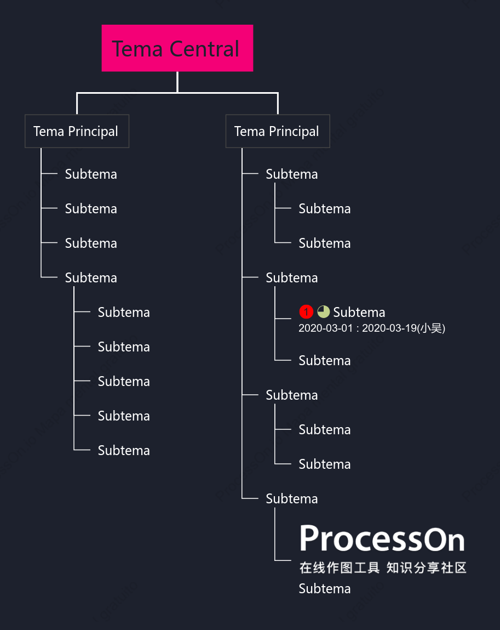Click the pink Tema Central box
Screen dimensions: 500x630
pos(177,48)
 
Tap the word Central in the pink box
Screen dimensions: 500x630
pos(204,49)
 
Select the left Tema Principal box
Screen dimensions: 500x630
pos(77,131)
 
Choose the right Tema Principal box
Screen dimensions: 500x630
pos(278,131)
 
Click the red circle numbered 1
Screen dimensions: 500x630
pos(306,312)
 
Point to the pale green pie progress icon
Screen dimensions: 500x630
pos(324,312)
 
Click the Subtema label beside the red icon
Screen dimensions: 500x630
pos(359,312)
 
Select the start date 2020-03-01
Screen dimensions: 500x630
pos(325,328)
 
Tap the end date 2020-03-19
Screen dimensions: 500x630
pos(389,328)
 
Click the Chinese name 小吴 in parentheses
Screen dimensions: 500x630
pos(431,328)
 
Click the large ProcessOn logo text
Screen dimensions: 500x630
pos(382,538)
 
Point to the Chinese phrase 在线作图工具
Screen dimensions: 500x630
pos(340,567)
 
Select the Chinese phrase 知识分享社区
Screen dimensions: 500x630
pos(426,567)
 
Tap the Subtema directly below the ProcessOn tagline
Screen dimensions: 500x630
pos(325,589)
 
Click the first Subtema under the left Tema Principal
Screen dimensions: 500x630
pos(91,174)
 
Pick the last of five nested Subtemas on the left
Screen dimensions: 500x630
pos(124,450)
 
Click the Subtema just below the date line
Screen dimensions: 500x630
pos(325,360)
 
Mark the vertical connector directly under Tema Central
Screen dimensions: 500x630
pos(177,82)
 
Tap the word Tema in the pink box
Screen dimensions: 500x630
pos(137,49)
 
